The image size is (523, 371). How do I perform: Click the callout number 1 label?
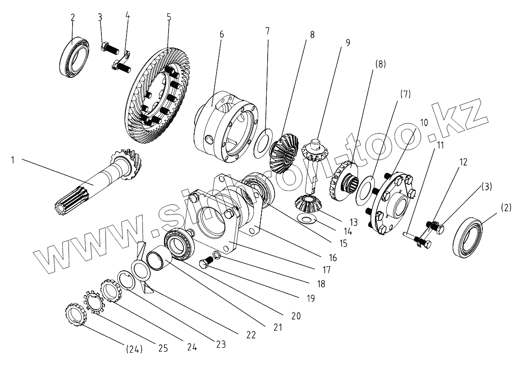(x=13, y=161)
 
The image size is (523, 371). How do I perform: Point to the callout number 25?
(x=163, y=349)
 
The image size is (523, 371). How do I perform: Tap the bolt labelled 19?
(x=206, y=264)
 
